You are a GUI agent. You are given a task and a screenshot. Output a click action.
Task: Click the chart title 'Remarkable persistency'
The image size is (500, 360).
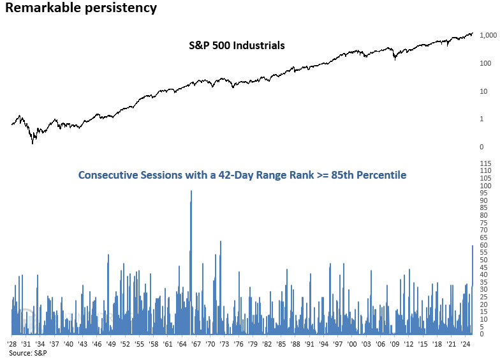click(x=81, y=8)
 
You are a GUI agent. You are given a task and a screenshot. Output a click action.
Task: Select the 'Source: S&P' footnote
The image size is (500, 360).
click(x=24, y=352)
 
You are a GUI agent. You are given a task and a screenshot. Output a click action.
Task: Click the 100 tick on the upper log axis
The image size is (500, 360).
click(x=485, y=63)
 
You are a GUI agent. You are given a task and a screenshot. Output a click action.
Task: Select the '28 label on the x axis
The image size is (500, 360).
click(x=12, y=344)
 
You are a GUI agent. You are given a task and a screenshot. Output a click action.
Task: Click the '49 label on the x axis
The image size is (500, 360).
click(x=110, y=344)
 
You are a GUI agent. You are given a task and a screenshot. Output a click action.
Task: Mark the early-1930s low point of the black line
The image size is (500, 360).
click(x=33, y=143)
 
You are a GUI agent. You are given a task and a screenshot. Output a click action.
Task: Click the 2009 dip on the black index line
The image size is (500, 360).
click(x=394, y=59)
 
